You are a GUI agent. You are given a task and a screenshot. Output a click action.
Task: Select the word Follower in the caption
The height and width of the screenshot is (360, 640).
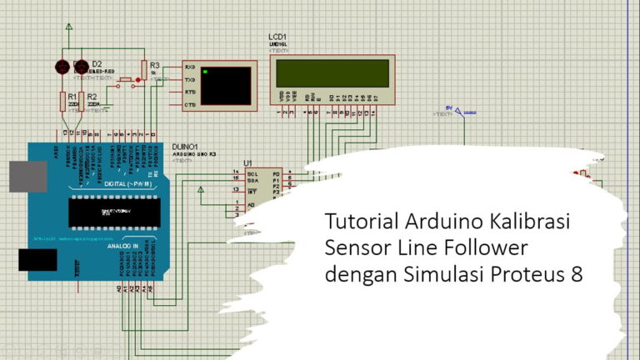pos(491,249)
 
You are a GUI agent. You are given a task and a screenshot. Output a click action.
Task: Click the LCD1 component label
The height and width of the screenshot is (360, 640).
pos(277,38)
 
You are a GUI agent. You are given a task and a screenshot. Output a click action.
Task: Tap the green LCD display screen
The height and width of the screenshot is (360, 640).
pos(332,72)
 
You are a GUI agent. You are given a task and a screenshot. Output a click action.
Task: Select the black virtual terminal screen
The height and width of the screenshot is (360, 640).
pos(225,85)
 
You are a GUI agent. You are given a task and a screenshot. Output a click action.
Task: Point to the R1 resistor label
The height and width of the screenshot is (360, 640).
pos(72,97)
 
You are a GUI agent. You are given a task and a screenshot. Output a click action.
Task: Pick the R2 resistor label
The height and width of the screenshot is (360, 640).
pos(92,97)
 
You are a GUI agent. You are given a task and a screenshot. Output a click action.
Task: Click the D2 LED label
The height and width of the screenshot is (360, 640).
pos(97,63)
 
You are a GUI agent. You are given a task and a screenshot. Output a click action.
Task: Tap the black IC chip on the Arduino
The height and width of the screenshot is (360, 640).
pos(116,212)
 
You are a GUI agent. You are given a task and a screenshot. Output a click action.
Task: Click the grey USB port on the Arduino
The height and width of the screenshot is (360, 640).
pos(27,176)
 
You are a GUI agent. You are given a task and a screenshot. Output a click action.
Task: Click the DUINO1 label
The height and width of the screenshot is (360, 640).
pos(185,146)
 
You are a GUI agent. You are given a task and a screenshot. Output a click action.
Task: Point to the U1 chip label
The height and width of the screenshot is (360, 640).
pos(247,162)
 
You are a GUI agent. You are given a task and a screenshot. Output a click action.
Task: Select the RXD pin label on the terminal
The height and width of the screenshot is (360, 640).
pos(190,67)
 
